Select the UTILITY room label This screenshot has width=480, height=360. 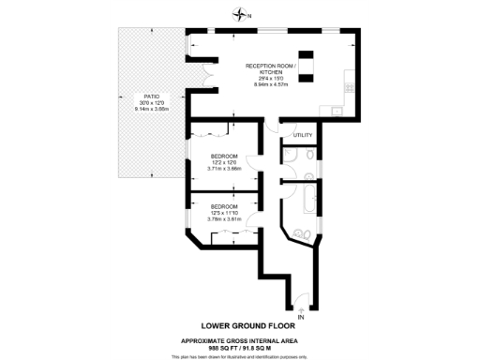click(302, 136)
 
